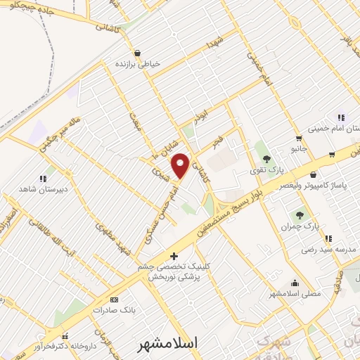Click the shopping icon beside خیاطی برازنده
coord(136,53)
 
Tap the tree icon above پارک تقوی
coord(266,159)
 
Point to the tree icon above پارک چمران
coord(301,215)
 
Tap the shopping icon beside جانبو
coord(300,138)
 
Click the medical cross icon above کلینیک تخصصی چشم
coord(174,255)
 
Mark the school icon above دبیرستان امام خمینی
coord(341,117)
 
